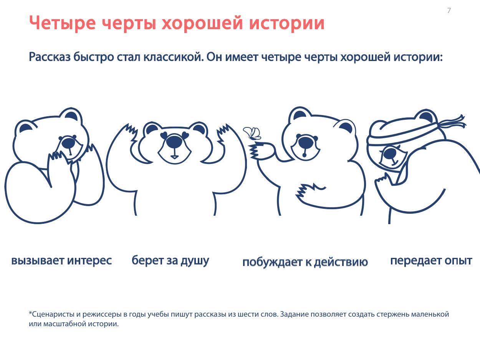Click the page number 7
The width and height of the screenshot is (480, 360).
[449, 10]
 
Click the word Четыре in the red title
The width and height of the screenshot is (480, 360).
[62, 23]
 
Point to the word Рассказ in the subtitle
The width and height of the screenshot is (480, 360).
[50, 57]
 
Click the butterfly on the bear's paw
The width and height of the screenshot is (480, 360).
[252, 133]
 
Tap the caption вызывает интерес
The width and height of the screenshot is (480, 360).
[61, 261]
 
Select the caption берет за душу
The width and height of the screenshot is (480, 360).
[170, 261]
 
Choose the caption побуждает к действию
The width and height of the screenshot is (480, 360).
[305, 262]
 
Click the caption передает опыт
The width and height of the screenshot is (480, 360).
[431, 261]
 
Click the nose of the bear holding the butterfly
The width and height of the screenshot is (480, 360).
[306, 143]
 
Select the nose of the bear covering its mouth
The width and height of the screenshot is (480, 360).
[69, 143]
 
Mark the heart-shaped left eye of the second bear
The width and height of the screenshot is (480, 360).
[164, 135]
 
